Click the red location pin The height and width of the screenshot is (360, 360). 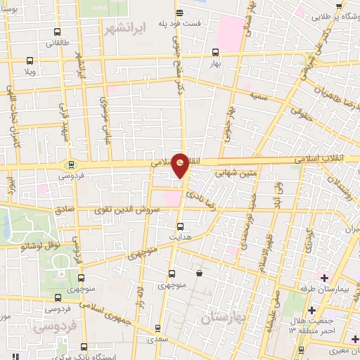[x=181, y=164]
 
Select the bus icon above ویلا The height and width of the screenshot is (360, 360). [x=29, y=60]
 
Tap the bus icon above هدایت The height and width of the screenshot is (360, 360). [x=180, y=226]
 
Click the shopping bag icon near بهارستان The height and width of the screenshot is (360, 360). [x=200, y=273]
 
